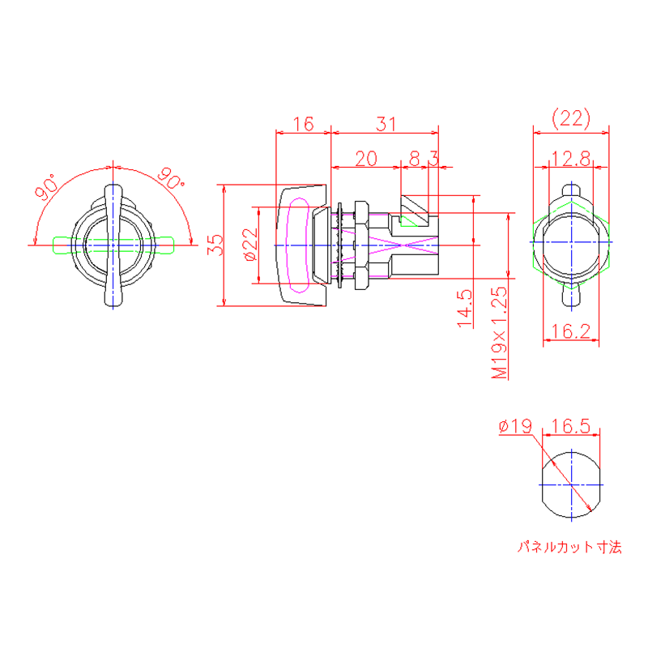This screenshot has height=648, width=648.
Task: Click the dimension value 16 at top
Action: click(303, 124)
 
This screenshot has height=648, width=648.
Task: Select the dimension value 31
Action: click(386, 124)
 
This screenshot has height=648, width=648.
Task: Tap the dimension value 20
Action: click(366, 159)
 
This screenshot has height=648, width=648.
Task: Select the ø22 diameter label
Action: click(249, 245)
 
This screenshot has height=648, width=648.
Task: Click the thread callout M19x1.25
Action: click(499, 332)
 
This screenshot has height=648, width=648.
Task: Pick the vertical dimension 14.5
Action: click(464, 308)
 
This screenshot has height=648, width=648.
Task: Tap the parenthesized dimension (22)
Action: click(571, 119)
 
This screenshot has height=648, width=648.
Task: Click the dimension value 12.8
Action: click(571, 159)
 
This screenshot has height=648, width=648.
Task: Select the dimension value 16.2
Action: click(572, 330)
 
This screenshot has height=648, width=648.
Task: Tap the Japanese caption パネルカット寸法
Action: click(570, 548)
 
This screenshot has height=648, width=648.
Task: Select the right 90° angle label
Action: click(172, 180)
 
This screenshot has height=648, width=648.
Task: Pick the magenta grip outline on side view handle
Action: click(296, 245)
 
